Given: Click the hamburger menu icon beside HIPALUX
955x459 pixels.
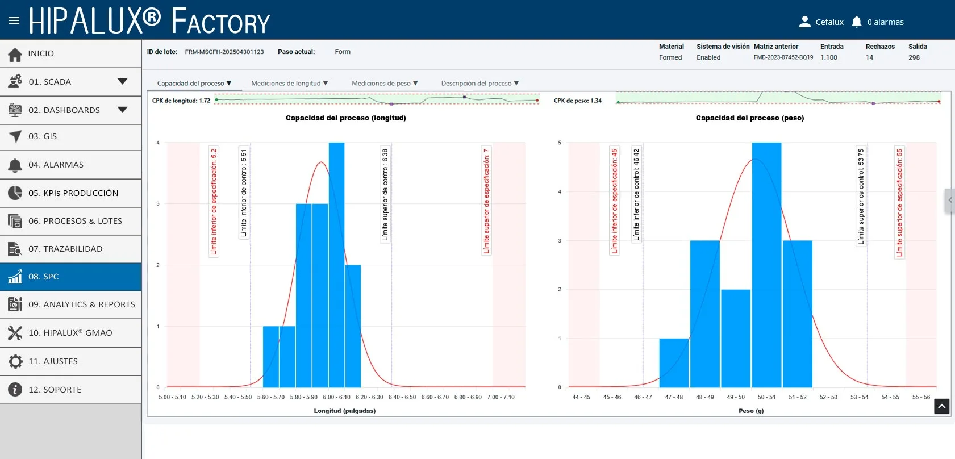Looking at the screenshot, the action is point(14,20).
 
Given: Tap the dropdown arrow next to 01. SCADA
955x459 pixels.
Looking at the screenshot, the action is point(122,81).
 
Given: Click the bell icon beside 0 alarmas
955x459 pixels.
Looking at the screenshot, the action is point(857,22).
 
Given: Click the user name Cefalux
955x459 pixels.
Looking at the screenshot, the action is point(829,22).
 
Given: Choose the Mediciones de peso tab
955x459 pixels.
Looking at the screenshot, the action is point(385,83).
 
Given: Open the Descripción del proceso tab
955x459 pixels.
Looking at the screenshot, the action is point(479,83).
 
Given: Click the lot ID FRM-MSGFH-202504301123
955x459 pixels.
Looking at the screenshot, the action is point(224,52).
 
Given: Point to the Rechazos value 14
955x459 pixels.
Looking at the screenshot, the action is point(869,57).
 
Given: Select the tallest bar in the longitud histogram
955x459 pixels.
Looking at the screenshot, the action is point(336,265).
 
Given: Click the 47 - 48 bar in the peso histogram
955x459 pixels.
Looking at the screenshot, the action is point(674,362).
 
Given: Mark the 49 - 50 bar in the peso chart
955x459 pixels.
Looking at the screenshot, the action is point(736,339).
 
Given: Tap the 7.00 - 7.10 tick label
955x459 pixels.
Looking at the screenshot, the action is point(501,397).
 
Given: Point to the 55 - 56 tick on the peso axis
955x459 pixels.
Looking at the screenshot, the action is point(921,397).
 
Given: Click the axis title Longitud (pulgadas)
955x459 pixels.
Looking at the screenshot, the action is point(345,411).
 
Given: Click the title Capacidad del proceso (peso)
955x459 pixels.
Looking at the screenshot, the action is point(750,118).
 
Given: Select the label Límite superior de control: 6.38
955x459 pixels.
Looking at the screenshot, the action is point(385,194).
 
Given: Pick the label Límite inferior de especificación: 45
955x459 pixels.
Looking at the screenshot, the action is point(614,201).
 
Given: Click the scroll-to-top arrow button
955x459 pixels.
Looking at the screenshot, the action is point(942,406).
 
